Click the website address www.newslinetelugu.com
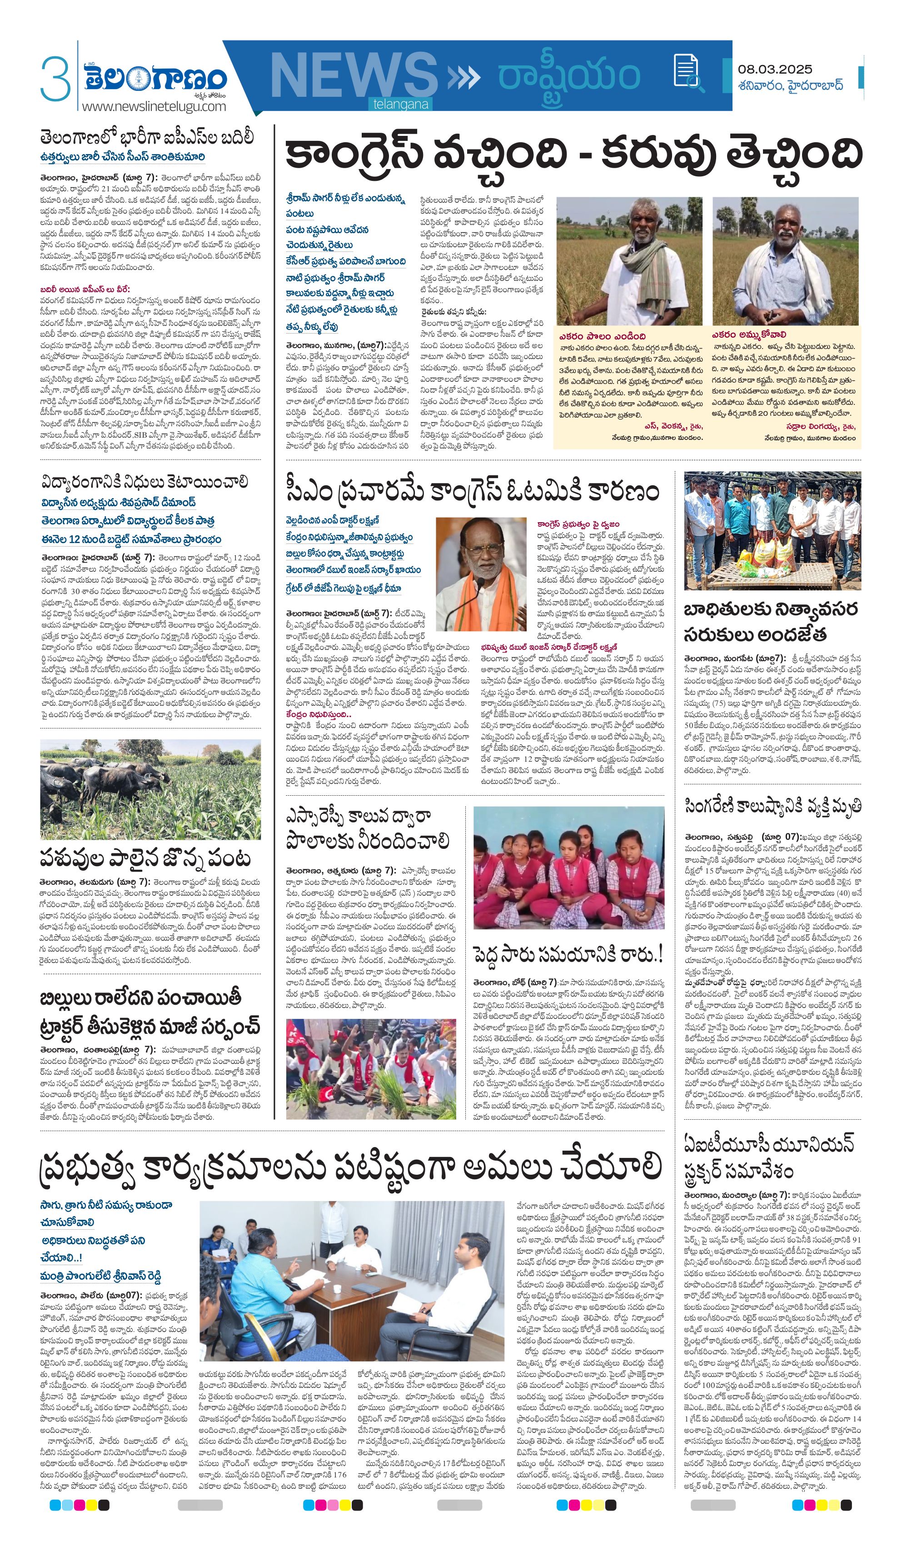[154, 106]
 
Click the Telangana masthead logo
[156, 79]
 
